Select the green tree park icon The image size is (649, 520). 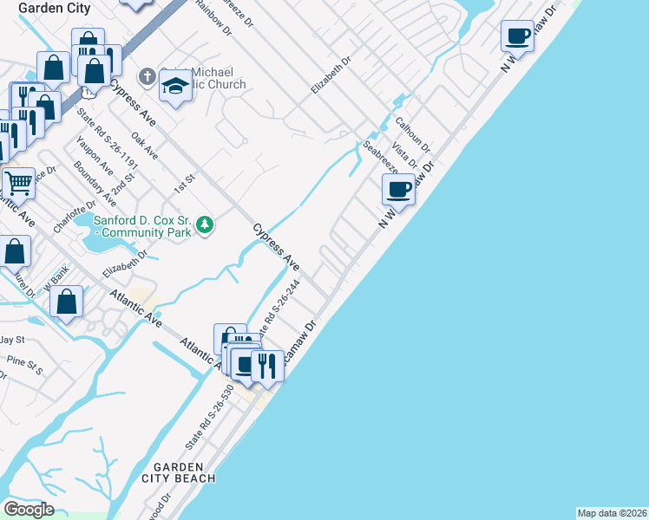tap(205, 225)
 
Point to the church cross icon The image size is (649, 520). tap(147, 76)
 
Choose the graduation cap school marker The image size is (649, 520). tap(176, 87)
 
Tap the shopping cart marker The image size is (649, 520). tap(17, 183)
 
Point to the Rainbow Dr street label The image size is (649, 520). tap(214, 16)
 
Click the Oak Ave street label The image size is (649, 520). tap(144, 146)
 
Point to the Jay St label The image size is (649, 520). tap(12, 339)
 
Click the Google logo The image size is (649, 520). tap(29, 509)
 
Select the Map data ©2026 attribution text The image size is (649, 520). tap(612, 512)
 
